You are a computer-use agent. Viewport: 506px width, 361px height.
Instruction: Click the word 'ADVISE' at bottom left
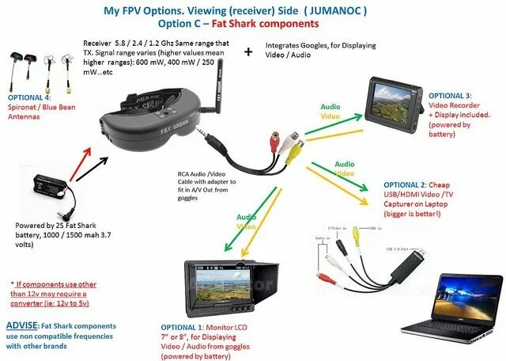pyautogui.click(x=21, y=326)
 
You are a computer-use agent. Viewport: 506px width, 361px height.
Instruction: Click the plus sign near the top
pyautogui.click(x=250, y=51)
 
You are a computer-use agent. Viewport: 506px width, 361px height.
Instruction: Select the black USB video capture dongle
pyautogui.click(x=412, y=261)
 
